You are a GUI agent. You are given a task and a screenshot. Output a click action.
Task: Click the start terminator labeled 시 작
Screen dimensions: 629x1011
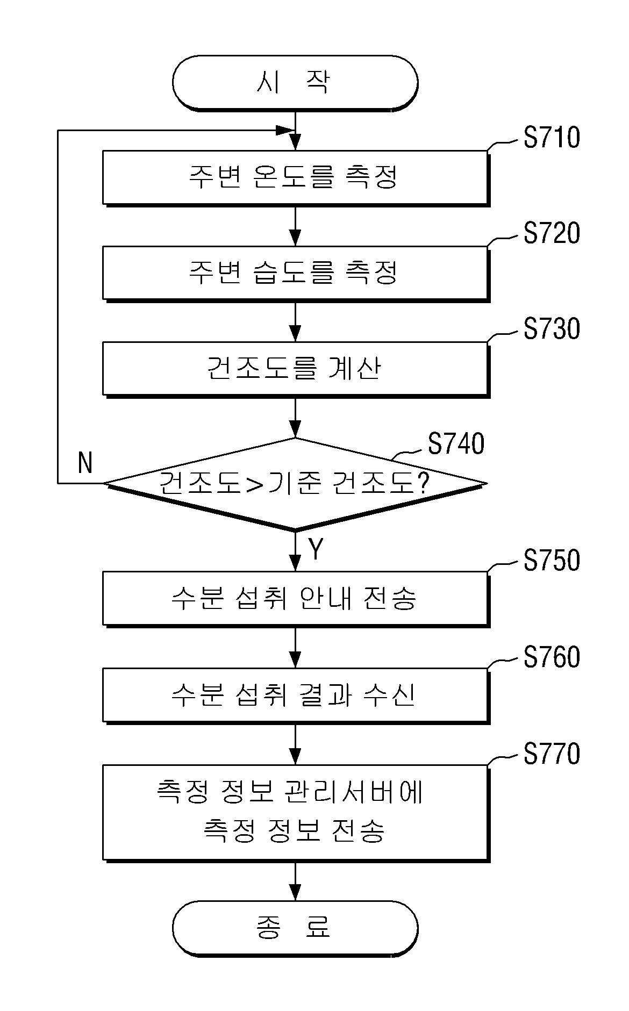(x=295, y=83)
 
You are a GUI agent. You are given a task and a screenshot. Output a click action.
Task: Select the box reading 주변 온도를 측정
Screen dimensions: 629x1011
(x=296, y=177)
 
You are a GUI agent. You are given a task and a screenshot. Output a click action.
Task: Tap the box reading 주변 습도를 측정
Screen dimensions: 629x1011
(x=296, y=273)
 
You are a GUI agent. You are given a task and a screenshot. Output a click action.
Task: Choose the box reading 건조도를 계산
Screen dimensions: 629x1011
(x=296, y=369)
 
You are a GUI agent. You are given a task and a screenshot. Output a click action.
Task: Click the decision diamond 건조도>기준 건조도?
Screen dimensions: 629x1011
(x=295, y=484)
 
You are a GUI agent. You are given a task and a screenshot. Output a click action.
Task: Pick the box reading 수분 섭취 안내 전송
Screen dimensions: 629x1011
(x=296, y=599)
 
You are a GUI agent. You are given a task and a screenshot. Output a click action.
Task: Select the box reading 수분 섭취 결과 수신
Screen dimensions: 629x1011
(x=296, y=695)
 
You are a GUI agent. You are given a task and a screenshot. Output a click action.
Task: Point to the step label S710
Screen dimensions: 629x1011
(x=552, y=138)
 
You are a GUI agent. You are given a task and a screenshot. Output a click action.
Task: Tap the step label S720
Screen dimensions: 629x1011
(x=552, y=233)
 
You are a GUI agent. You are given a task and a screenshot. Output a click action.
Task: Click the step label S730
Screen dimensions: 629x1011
(x=552, y=329)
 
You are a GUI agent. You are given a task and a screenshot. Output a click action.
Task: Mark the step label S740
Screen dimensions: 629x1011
(x=456, y=444)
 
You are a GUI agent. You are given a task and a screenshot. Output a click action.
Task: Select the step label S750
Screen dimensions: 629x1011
(x=552, y=560)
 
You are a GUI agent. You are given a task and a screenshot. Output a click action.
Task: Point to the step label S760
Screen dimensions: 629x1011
(x=552, y=657)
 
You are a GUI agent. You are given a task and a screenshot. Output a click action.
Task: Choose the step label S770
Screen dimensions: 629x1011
(x=552, y=754)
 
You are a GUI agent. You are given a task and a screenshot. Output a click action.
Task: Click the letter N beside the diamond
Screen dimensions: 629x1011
(x=85, y=463)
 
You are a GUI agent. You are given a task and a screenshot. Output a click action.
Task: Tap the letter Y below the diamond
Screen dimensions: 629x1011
(x=316, y=549)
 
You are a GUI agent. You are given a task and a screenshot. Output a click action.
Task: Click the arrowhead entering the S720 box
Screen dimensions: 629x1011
(x=295, y=238)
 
